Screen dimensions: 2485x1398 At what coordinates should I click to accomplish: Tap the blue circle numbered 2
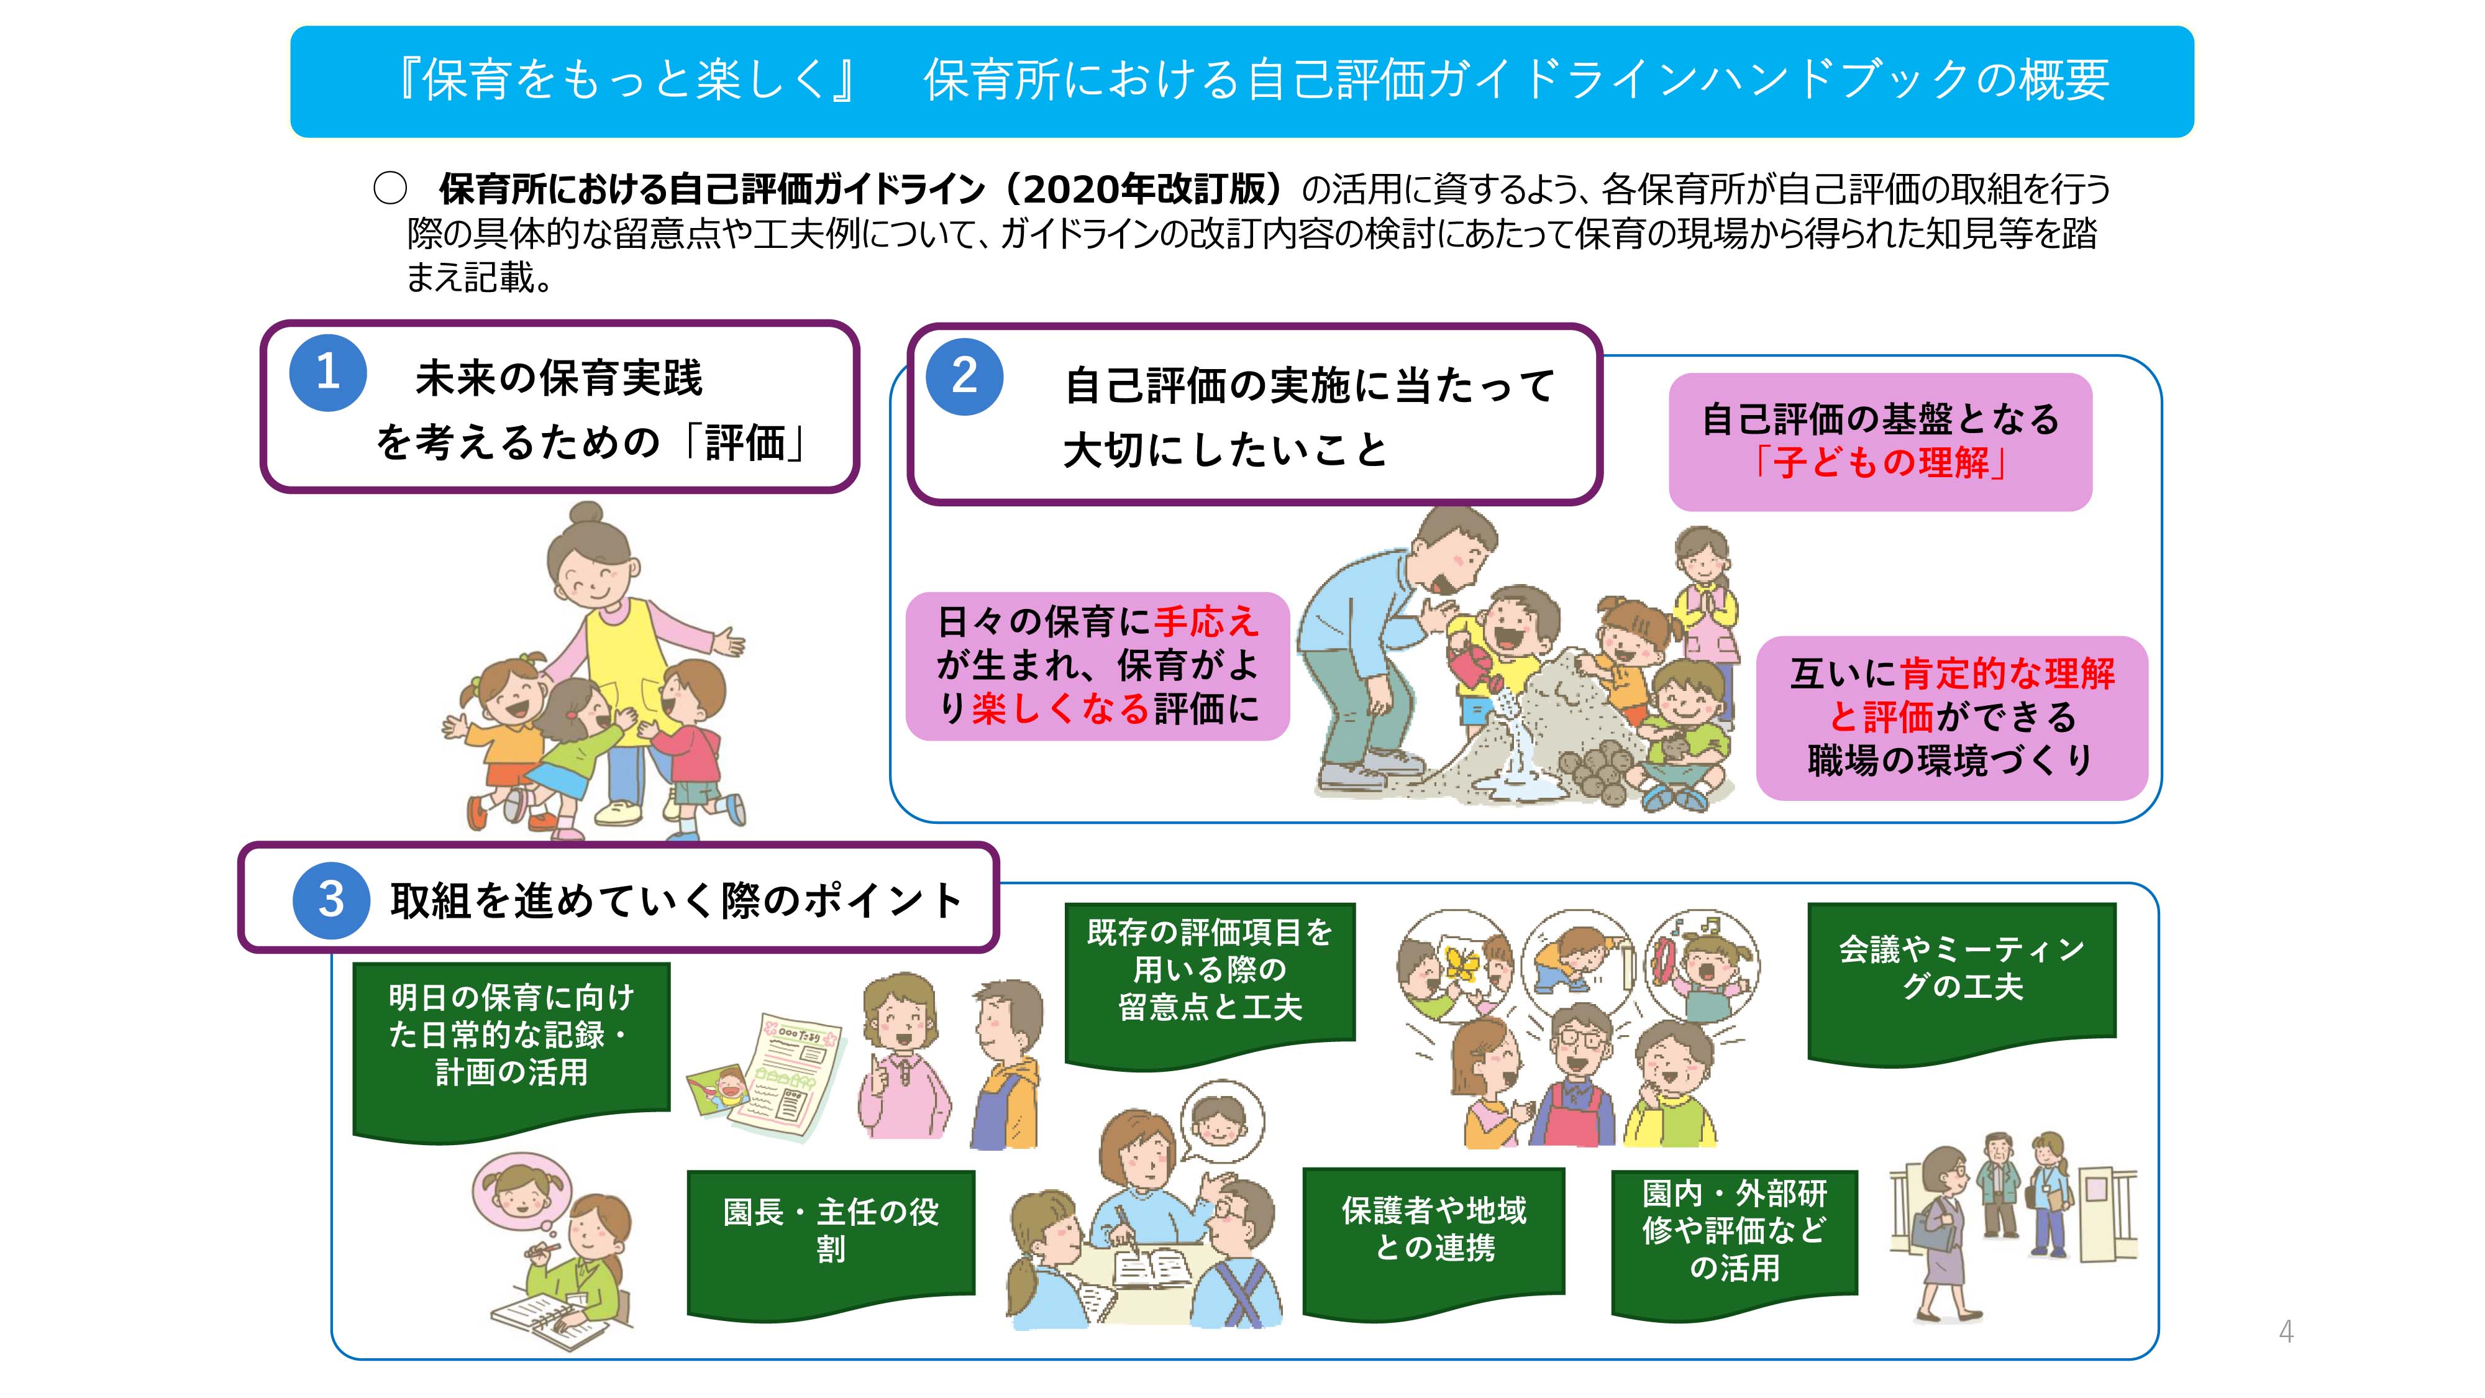pyautogui.click(x=965, y=377)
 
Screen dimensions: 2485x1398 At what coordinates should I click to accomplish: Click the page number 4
pyautogui.click(x=2286, y=1332)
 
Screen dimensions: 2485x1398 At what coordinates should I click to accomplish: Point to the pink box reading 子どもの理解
pyautogui.click(x=1880, y=442)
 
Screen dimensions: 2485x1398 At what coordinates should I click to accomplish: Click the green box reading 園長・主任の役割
pyautogui.click(x=831, y=1243)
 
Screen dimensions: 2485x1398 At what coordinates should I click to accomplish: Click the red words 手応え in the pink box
pyautogui.click(x=1207, y=621)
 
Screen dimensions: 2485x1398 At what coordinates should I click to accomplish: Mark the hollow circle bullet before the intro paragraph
pyautogui.click(x=390, y=188)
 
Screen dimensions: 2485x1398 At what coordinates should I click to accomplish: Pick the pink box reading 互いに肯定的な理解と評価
pyautogui.click(x=1951, y=718)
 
